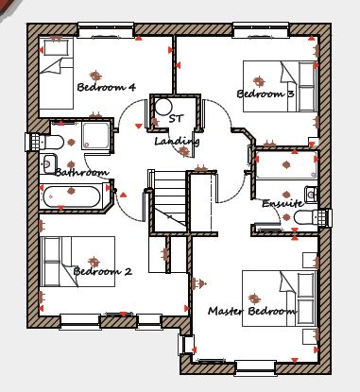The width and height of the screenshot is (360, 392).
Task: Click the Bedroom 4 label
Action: pos(106,87)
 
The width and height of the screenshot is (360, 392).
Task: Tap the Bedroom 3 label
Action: pos(266,94)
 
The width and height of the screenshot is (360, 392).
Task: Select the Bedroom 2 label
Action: pos(102,271)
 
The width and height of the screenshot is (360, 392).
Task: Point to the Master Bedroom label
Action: pos(251,311)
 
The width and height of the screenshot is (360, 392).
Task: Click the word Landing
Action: pos(177,142)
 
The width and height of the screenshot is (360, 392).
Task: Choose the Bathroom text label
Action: pos(81,172)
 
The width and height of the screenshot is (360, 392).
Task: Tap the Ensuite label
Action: pos(283,203)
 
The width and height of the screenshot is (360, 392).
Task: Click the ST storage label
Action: pos(176,119)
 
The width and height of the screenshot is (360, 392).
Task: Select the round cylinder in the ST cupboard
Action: pos(163,107)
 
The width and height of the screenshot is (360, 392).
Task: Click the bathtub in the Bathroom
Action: pos(71,197)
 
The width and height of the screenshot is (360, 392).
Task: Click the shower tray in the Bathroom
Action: pos(95,136)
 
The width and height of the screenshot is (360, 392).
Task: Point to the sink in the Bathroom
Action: pos(49,163)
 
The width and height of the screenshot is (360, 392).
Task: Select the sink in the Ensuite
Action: pos(311,194)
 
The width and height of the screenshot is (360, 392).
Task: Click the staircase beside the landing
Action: pos(170,201)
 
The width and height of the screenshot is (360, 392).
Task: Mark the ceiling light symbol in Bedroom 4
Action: pos(95,76)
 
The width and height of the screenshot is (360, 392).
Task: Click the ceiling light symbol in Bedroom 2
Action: pos(94,262)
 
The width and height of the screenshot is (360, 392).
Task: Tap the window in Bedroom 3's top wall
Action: pos(261,30)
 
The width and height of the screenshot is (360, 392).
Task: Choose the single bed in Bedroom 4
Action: pos(56,74)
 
